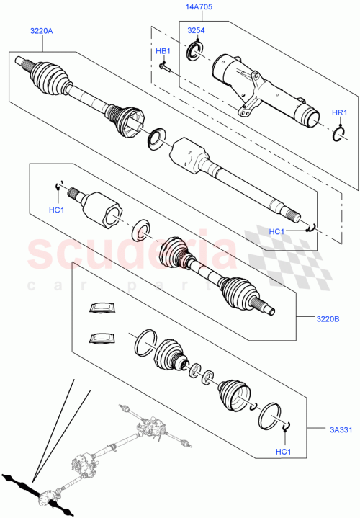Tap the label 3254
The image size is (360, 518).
tap(196, 30)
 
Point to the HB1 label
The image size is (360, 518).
tap(163, 51)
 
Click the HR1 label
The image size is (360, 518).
tap(339, 113)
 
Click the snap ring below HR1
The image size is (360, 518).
tap(339, 134)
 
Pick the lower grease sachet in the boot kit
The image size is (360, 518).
tap(101, 337)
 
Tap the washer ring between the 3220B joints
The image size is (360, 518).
tap(141, 231)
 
